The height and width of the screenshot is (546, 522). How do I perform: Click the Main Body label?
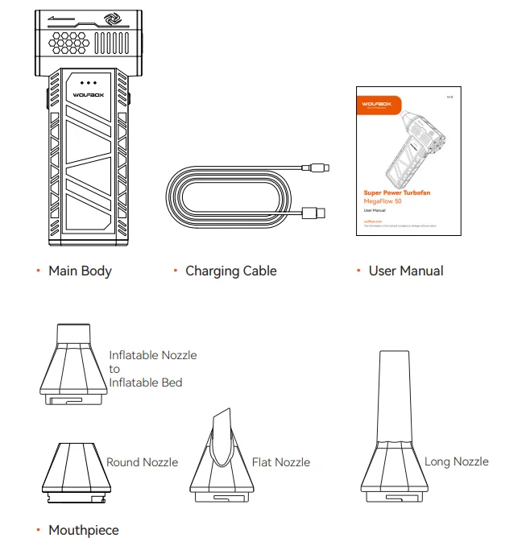80,271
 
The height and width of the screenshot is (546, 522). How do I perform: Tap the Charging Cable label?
230,271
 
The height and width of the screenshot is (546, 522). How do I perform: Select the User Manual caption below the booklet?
405,271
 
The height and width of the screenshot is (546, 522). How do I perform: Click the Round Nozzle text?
142,462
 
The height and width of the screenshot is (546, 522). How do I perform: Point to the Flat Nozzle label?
280,462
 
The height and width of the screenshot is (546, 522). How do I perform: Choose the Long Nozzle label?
456,461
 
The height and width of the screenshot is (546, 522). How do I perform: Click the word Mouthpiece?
83,530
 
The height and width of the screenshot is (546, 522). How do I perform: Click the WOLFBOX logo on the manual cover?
375,104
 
